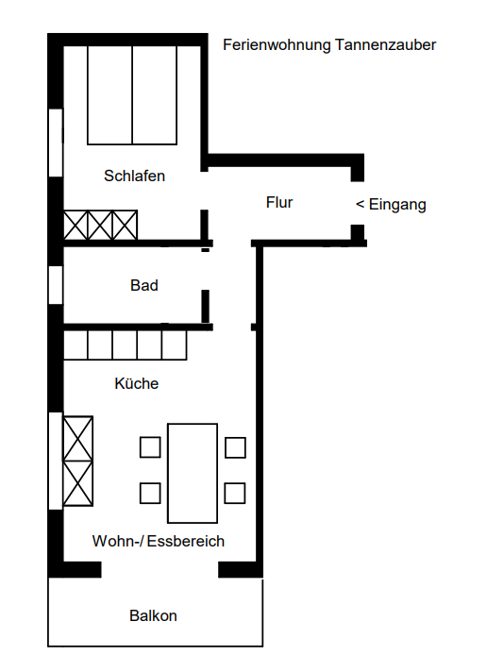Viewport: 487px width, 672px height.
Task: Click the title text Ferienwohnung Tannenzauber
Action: (x=329, y=44)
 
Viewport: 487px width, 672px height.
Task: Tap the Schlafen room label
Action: (x=135, y=176)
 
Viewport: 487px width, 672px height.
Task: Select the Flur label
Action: (x=279, y=202)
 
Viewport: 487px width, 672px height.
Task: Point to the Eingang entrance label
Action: (x=391, y=204)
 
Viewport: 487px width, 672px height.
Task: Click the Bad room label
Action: (x=144, y=285)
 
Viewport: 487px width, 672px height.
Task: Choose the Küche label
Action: (x=137, y=384)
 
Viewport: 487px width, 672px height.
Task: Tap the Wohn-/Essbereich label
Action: (x=159, y=542)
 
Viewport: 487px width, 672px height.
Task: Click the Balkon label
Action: (x=153, y=616)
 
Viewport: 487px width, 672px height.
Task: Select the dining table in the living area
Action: (x=193, y=473)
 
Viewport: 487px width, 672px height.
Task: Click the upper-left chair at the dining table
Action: (x=150, y=447)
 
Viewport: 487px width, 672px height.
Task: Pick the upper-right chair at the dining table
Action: (x=236, y=447)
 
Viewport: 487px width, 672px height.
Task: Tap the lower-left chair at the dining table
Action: (x=150, y=493)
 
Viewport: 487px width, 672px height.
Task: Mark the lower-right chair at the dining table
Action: (x=236, y=493)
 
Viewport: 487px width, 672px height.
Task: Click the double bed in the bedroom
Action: (x=132, y=94)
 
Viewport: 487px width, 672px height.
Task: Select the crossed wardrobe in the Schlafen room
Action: (x=100, y=226)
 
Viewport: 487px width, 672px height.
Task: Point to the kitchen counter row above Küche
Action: (x=125, y=344)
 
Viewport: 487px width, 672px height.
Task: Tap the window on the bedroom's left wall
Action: (x=55, y=143)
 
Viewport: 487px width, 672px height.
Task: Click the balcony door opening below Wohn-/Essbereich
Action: (x=160, y=569)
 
